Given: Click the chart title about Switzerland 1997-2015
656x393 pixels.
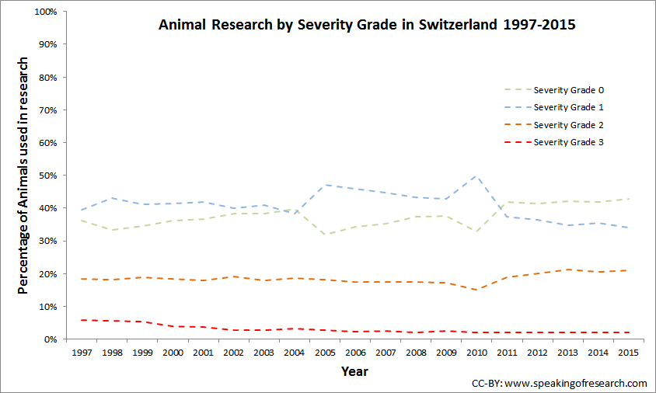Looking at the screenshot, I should point(367,25).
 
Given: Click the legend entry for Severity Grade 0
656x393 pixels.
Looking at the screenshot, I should point(568,89).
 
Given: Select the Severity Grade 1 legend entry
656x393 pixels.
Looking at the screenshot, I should point(568,107).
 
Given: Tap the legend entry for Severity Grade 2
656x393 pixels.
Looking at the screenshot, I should point(568,125).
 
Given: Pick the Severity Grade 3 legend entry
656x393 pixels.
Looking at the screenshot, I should point(568,142).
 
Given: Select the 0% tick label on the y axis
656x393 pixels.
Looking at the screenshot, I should point(51,340).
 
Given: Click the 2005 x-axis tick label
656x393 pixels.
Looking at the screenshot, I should point(326,353).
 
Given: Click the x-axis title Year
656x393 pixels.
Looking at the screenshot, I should point(354,372).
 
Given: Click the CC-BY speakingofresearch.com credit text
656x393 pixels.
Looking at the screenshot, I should point(559,384).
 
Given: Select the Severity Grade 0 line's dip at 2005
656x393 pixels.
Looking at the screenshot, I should point(326,235).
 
